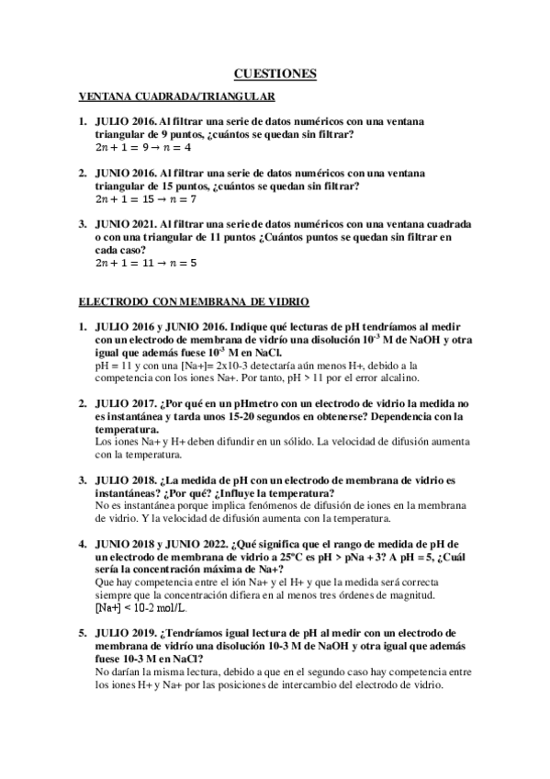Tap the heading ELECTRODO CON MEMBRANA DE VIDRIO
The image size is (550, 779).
tap(194, 300)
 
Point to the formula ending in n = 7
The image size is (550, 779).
tap(145, 198)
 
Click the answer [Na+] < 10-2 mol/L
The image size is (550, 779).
tap(140, 608)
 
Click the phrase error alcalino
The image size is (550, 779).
tap(381, 376)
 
